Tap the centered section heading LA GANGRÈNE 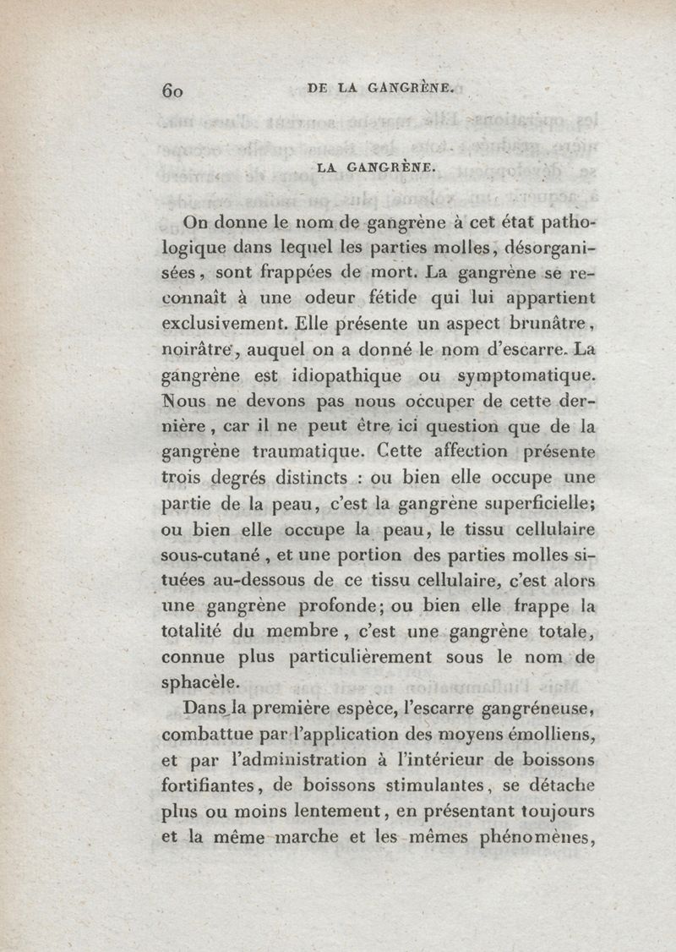[376, 168]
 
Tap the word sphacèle [199, 683]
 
